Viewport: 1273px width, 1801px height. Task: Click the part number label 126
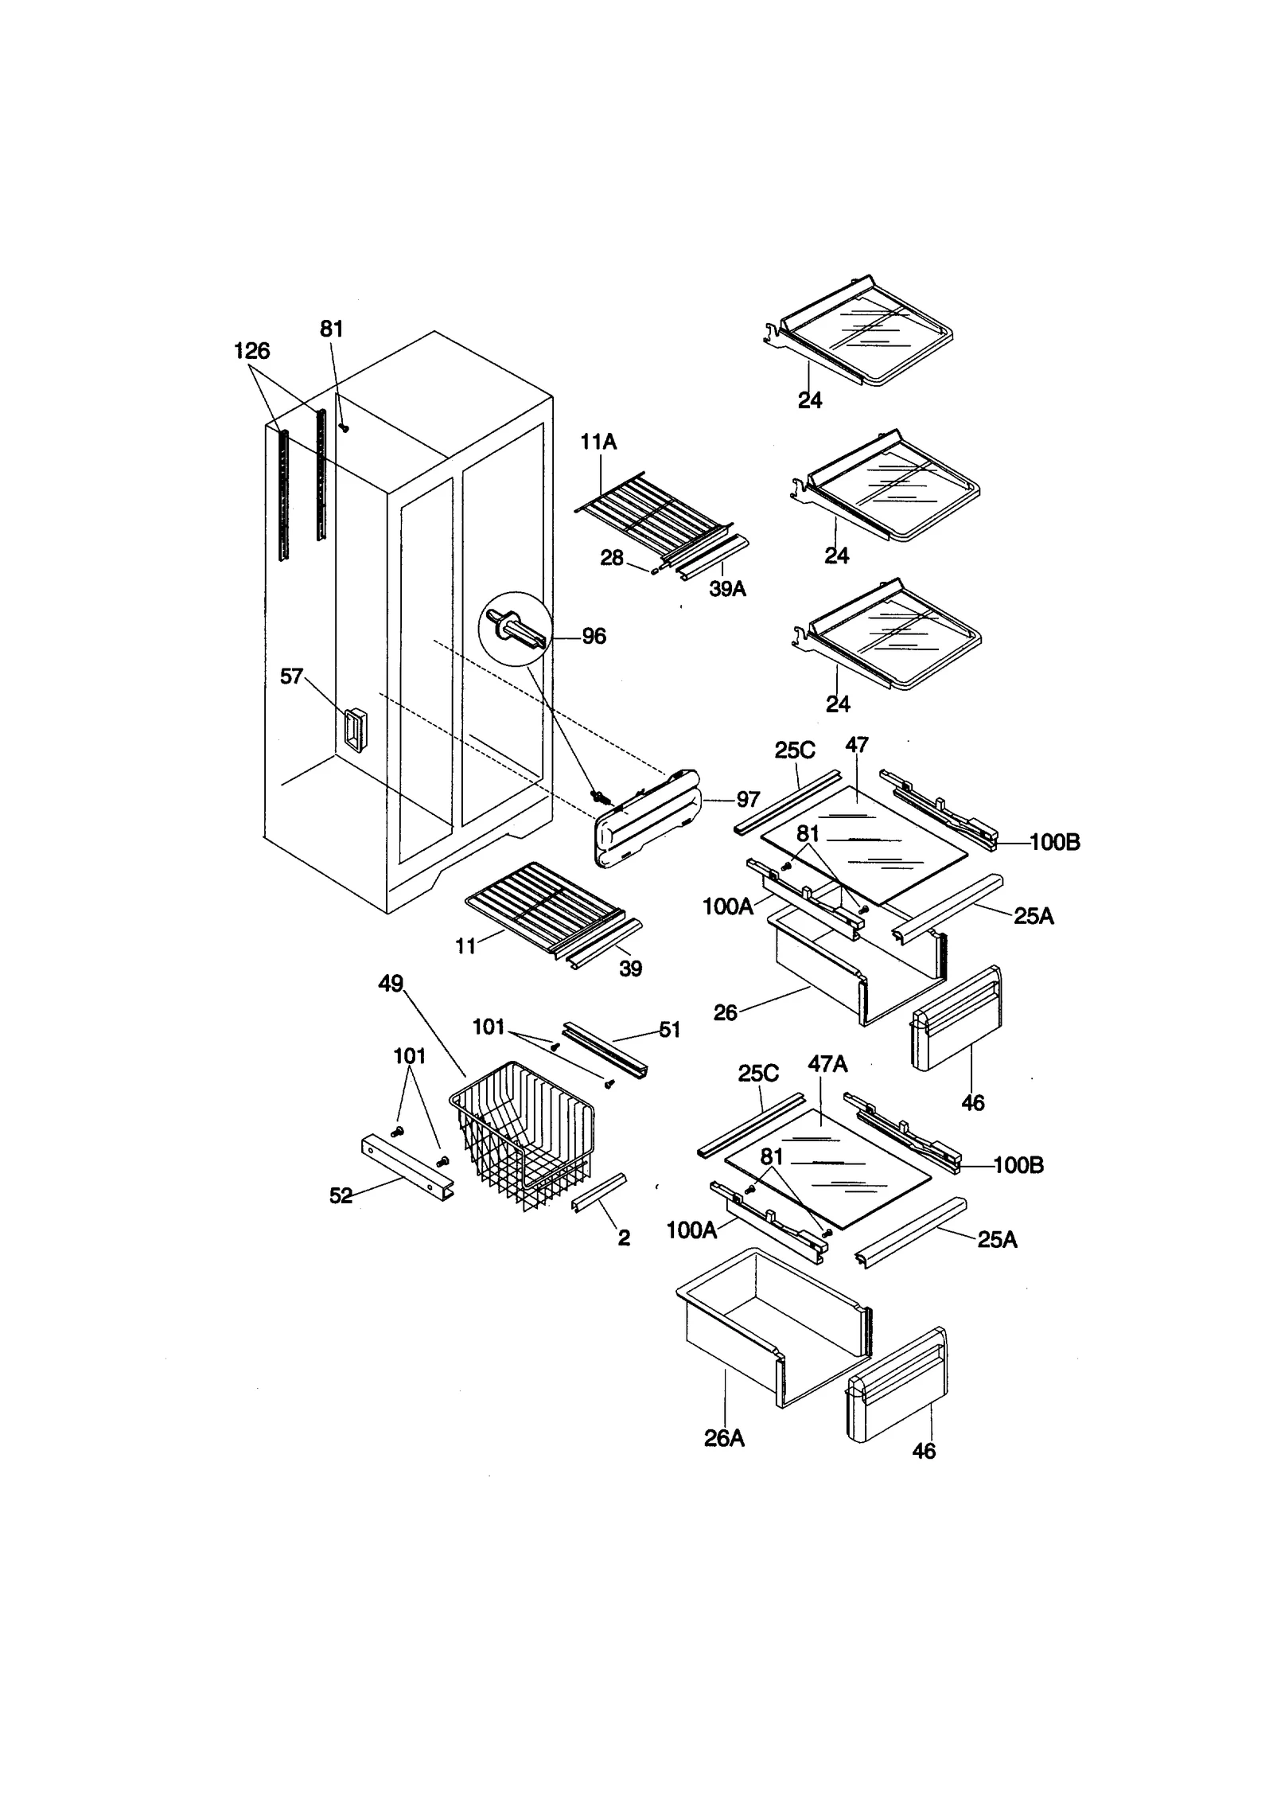coord(251,351)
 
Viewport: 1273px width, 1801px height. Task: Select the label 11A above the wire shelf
coord(598,442)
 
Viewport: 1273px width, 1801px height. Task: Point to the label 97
coord(748,799)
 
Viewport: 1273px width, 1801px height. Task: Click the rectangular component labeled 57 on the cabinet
coord(355,729)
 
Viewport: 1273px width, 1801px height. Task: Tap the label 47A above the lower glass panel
coord(827,1064)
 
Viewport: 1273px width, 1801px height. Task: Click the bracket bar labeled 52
coord(407,1168)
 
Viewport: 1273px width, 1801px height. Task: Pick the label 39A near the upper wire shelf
coord(727,590)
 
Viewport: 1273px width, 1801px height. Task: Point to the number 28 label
coord(611,559)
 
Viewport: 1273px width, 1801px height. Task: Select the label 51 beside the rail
coord(670,1030)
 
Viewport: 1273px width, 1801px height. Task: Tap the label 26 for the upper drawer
coord(725,1012)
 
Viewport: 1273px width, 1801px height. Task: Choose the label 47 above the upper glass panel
coord(857,746)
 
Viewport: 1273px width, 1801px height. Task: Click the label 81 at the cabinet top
coord(331,329)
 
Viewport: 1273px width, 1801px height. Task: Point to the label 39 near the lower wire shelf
coord(630,969)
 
